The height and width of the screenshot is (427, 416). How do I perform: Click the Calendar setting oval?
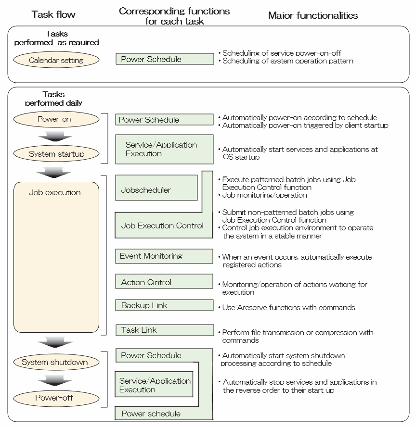[56, 60]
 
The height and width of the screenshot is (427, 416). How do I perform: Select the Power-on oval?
[56, 119]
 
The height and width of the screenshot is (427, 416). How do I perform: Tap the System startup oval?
[56, 153]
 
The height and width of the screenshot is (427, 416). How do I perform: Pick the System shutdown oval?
[56, 362]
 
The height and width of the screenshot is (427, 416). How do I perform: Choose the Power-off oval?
[56, 398]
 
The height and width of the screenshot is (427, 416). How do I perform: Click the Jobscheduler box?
[156, 188]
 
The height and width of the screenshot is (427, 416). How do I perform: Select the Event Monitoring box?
[164, 256]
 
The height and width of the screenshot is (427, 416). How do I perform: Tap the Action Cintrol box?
[164, 281]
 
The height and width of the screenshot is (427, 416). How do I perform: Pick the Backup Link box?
[164, 305]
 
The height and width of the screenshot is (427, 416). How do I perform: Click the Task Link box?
[165, 330]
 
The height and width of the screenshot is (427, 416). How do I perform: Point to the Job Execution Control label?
[162, 226]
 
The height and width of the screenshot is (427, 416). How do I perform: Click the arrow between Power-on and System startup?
[55, 136]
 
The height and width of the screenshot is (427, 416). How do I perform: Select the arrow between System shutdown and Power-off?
[55, 380]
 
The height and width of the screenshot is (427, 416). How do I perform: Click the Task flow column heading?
[53, 14]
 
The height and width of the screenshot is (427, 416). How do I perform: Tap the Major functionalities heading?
[313, 15]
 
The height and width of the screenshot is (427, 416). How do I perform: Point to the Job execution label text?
[55, 192]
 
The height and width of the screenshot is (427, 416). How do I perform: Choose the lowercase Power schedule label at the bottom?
[151, 414]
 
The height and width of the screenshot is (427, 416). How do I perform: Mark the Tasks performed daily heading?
[53, 99]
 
